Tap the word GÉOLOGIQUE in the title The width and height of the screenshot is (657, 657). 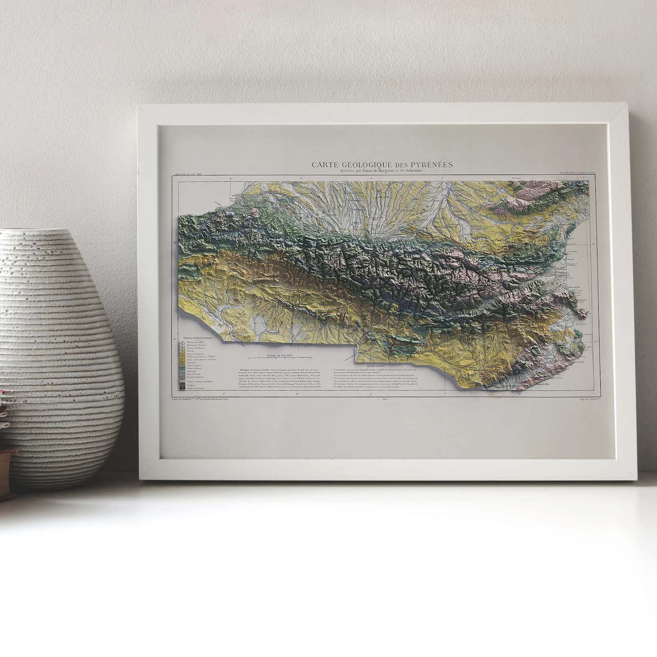point(366,165)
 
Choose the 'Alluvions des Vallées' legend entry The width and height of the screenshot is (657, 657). point(196,342)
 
